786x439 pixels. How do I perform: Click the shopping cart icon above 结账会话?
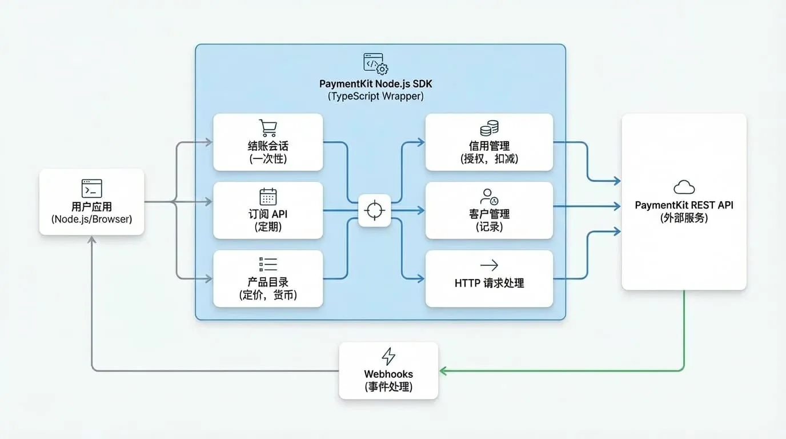(268, 128)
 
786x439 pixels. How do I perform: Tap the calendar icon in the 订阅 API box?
(268, 196)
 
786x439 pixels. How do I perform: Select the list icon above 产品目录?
(268, 265)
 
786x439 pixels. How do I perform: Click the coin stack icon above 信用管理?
(490, 128)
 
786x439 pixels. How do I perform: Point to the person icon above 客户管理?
(489, 197)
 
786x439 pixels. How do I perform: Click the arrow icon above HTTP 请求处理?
(489, 265)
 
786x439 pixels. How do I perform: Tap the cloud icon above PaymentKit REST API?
(684, 187)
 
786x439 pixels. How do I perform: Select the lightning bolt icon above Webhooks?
(388, 357)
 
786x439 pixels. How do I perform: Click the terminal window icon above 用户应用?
(91, 189)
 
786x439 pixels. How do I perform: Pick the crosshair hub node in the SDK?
(374, 210)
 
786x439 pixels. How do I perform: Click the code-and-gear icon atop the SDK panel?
(376, 64)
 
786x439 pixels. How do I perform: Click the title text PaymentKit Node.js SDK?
(375, 84)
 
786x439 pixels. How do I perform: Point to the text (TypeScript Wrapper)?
(375, 96)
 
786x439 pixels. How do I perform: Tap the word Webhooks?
(388, 374)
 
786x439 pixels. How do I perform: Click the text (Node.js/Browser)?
(91, 219)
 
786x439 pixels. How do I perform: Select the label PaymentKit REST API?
(684, 205)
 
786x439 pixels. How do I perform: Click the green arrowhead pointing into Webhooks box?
(443, 371)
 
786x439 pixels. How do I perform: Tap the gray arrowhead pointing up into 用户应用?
(91, 240)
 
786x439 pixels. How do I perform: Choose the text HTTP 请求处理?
(489, 283)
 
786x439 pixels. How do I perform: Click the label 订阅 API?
(268, 214)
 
